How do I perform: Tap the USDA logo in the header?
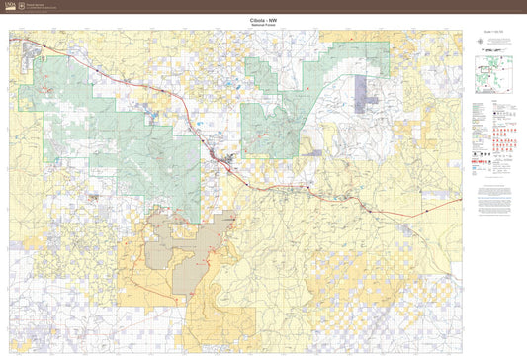point(10,5)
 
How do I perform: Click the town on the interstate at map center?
point(225,156)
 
